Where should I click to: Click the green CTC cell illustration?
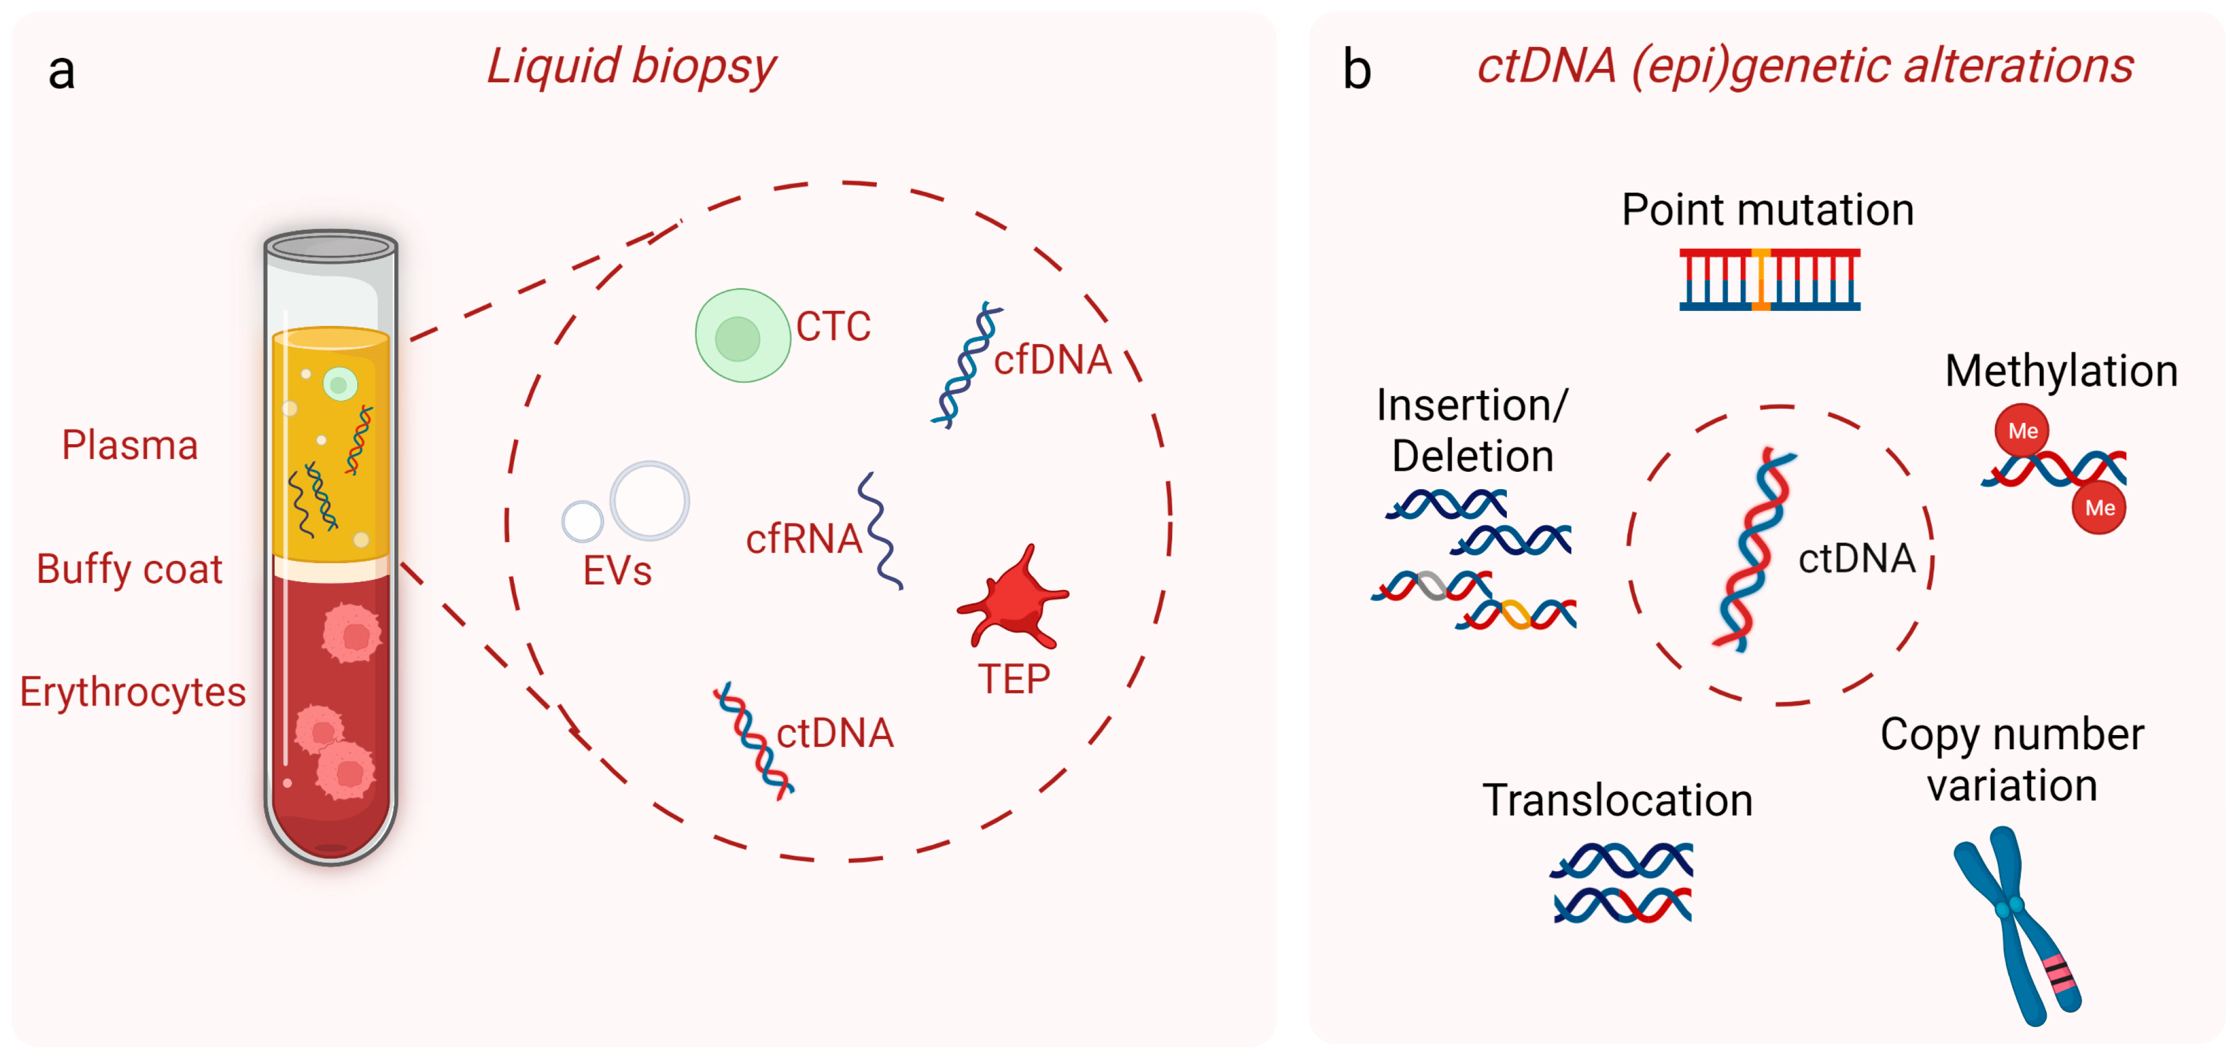point(742,336)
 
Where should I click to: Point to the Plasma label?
point(130,445)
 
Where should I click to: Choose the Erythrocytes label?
point(133,692)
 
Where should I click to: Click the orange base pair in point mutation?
point(1761,279)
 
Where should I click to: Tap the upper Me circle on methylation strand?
point(2021,430)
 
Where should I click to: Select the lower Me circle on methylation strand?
point(2099,507)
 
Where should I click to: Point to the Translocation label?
point(1617,800)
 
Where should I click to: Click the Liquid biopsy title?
point(631,66)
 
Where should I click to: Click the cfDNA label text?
point(1053,360)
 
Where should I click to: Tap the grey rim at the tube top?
point(331,247)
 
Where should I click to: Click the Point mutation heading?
point(1768,210)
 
